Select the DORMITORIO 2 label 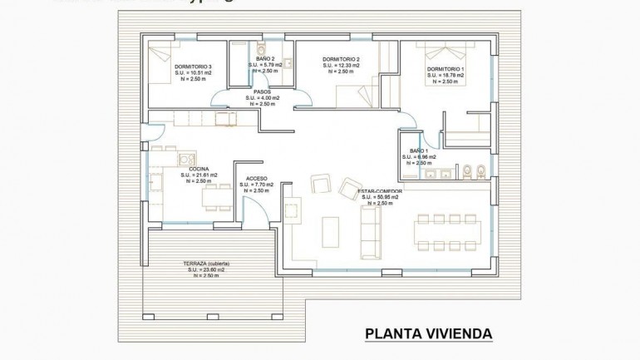click(x=340, y=60)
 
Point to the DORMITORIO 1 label click(x=446, y=69)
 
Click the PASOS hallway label click(x=262, y=92)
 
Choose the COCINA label click(x=199, y=169)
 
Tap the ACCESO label click(x=256, y=179)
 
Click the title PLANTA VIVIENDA click(x=428, y=334)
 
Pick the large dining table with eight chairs click(x=448, y=232)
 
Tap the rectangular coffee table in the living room click(x=331, y=230)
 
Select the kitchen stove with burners click(x=187, y=159)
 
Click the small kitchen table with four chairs click(x=217, y=197)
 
